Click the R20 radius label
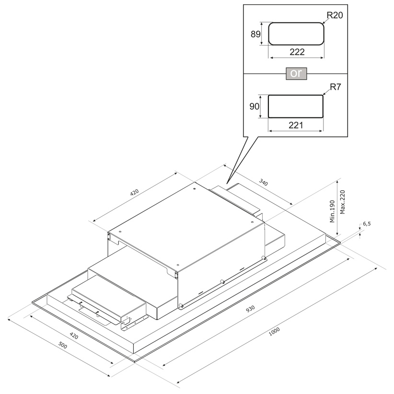point(334,15)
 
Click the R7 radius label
point(334,88)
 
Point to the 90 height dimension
point(254,106)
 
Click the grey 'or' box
point(296,74)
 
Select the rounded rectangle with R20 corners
point(296,34)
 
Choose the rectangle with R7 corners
point(296,106)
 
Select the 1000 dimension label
point(275,331)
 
